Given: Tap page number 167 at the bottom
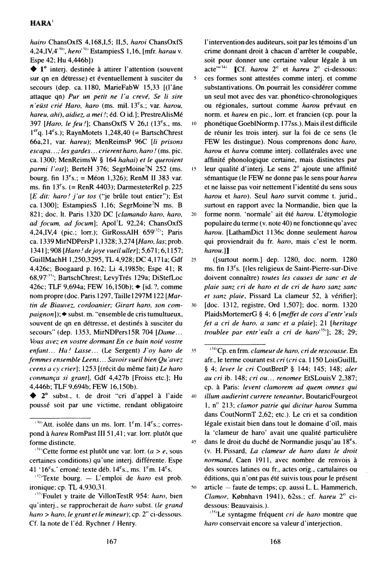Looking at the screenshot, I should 111,542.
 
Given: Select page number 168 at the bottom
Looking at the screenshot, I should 275,542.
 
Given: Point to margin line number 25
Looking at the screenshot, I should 194,259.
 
